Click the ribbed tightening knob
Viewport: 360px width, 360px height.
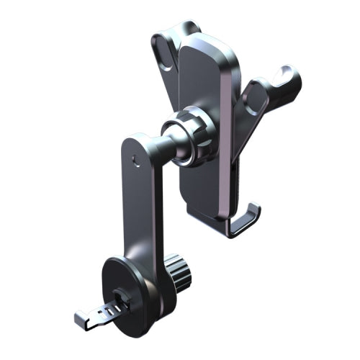[x=177, y=276]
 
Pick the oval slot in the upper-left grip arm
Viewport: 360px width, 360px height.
[x=164, y=54]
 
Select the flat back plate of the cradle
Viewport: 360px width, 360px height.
[x=205, y=122]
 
